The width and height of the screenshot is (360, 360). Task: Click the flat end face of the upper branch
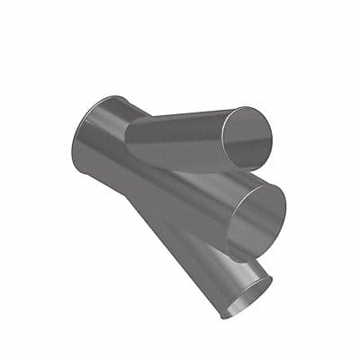pos(245,137)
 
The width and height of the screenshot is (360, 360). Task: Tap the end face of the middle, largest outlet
pos(256,216)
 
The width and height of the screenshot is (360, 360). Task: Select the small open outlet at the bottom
pos(246,296)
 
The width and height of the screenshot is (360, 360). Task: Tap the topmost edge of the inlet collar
pos(112,97)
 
